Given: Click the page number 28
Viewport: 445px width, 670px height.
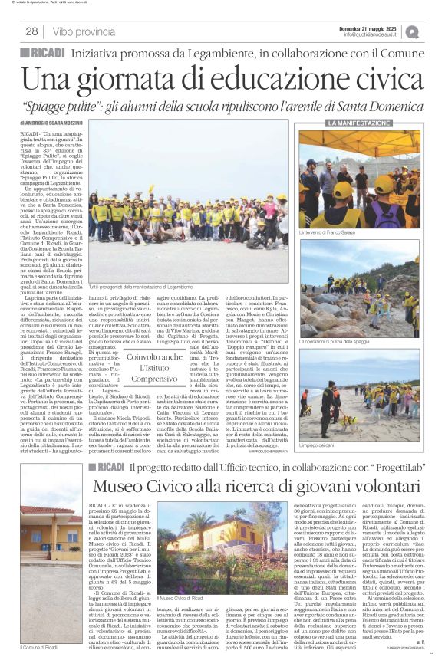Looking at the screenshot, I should (x=31, y=31).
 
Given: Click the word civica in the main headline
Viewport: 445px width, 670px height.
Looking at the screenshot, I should (x=365, y=80).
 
